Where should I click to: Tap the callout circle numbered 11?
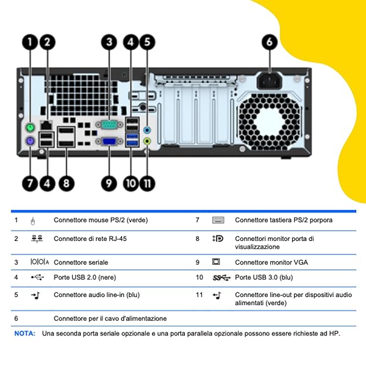click(x=147, y=182)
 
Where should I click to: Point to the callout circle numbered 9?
click(x=109, y=182)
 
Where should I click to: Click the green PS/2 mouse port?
click(x=29, y=128)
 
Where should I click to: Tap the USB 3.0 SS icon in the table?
click(x=220, y=278)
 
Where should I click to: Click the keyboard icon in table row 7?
click(x=218, y=220)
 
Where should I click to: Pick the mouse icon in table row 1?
click(x=34, y=220)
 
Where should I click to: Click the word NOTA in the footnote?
click(x=24, y=333)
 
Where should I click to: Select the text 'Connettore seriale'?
click(x=81, y=262)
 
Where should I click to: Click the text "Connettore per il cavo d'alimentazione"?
click(x=110, y=318)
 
